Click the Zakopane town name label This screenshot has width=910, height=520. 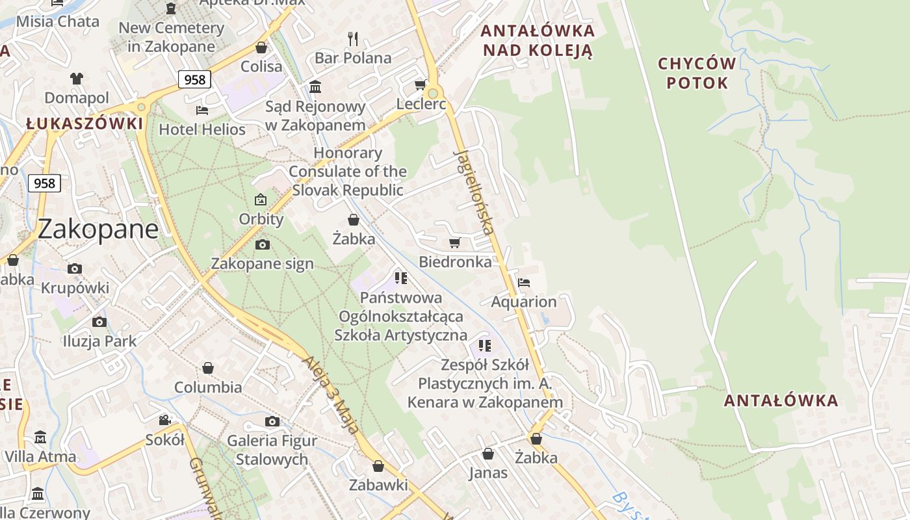[x=98, y=229]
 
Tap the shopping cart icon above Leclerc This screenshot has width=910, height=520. [x=421, y=85]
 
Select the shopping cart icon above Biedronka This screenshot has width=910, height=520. [x=455, y=242]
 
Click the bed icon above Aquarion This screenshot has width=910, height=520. [x=524, y=283]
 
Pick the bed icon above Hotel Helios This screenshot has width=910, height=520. [x=202, y=110]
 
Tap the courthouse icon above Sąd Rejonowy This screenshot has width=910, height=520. [x=315, y=86]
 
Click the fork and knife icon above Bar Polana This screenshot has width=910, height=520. [x=353, y=39]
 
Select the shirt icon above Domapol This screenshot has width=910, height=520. [x=77, y=79]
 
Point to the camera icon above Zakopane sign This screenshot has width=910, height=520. [x=263, y=244]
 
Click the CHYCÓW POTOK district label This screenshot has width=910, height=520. [x=697, y=73]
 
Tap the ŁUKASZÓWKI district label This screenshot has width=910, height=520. [x=84, y=123]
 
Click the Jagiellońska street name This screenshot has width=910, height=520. [x=474, y=191]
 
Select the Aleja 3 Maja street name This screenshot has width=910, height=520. [x=331, y=394]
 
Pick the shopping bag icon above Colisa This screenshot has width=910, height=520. [x=261, y=47]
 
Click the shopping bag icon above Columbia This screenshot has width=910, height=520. [x=208, y=368]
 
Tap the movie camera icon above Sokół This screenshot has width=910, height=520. [x=165, y=421]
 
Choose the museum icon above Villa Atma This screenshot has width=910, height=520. [x=40, y=437]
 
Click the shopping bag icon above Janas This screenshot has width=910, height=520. [x=488, y=453]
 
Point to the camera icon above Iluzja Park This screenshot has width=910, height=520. [x=99, y=322]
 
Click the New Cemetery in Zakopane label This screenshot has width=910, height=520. [x=172, y=37]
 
